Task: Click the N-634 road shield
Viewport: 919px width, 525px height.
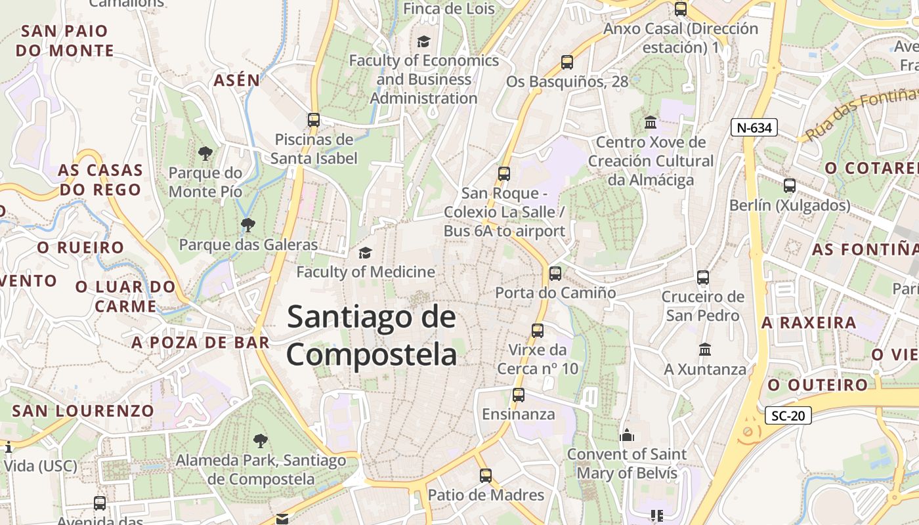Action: click(x=754, y=127)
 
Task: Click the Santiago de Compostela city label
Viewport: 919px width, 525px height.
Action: click(x=372, y=335)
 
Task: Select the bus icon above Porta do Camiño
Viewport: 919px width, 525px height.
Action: click(x=555, y=274)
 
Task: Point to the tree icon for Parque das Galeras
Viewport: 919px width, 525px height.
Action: click(x=247, y=226)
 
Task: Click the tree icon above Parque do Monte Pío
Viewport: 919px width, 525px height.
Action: click(x=205, y=154)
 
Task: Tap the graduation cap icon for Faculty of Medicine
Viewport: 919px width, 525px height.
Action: click(x=364, y=253)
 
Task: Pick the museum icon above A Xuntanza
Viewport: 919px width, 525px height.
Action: click(x=705, y=349)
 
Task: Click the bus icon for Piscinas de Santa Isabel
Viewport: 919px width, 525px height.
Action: click(x=314, y=120)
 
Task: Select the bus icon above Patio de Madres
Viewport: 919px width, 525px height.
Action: click(x=486, y=476)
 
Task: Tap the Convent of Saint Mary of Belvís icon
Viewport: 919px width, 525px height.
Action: click(x=627, y=435)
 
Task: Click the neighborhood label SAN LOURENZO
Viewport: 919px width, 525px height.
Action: click(x=83, y=411)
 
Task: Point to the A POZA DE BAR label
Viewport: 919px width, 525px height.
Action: click(x=200, y=343)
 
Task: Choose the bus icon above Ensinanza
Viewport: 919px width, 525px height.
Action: click(x=519, y=395)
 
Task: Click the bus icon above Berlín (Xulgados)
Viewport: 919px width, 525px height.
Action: click(x=790, y=186)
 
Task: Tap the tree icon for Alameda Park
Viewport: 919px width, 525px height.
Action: click(x=261, y=440)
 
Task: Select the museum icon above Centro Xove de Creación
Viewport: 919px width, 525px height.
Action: click(x=651, y=122)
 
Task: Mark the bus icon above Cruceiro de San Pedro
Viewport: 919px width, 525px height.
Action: click(x=703, y=278)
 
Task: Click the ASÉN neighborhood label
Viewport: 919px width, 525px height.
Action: click(x=236, y=81)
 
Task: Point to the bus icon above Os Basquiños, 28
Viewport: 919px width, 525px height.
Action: click(x=567, y=62)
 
